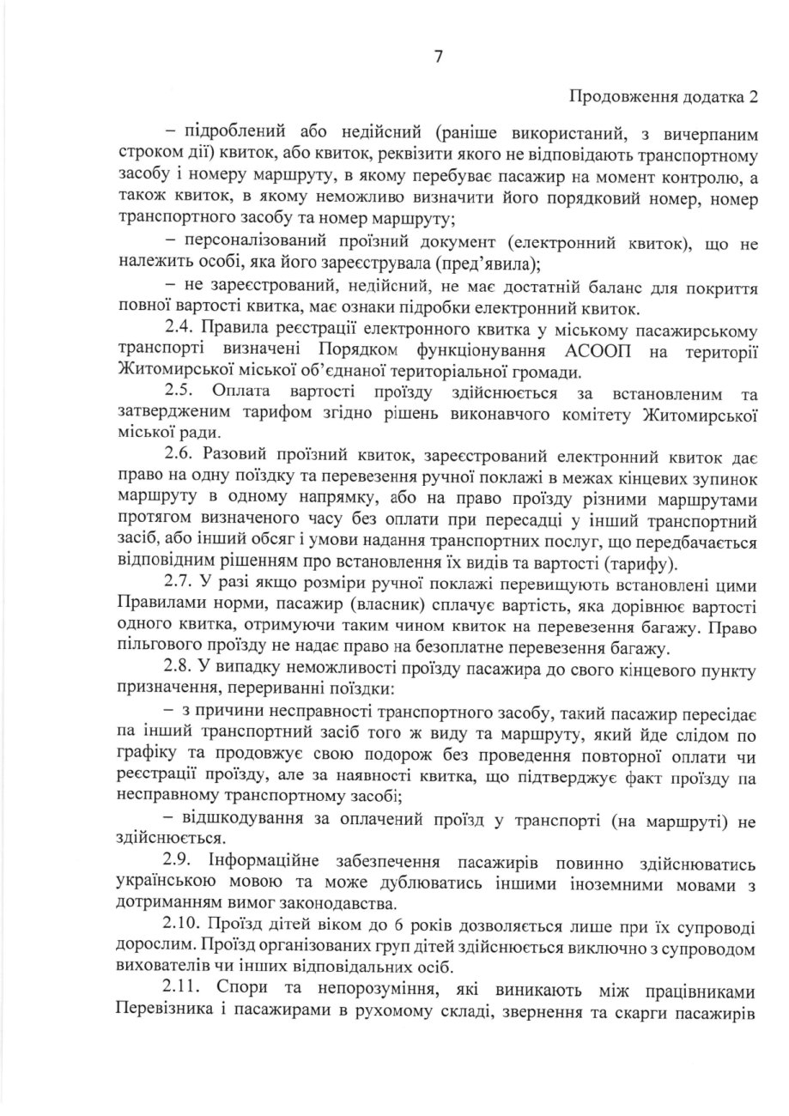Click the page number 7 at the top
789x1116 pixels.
pos(438,57)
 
